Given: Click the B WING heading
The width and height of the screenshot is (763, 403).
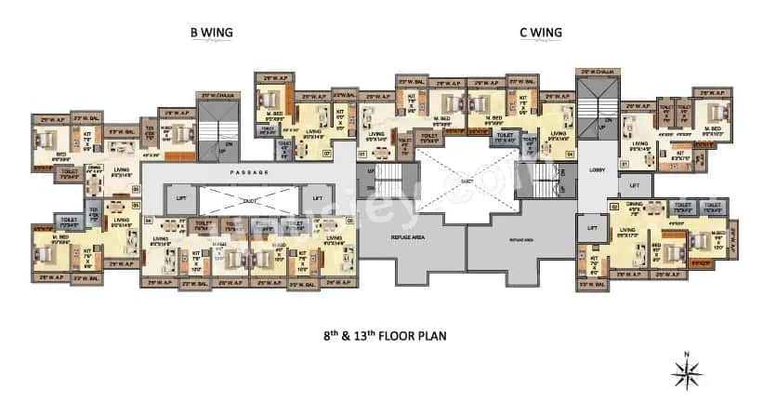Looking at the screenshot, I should point(211,33).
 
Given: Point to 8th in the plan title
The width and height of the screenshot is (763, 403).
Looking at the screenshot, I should point(321,331).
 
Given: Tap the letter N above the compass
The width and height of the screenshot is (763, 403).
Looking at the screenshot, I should point(685,354).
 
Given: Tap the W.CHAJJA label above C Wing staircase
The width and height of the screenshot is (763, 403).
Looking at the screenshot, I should point(599,71).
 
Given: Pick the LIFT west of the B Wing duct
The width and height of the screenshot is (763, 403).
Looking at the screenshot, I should point(181,198).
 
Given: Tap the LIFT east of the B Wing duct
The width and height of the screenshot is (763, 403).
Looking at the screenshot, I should point(317,198).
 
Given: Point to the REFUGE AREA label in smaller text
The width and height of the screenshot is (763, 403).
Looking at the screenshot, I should point(522,238).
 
